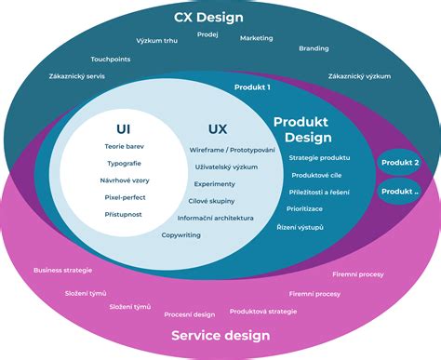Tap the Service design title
(x=220, y=336)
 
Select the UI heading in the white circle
(x=124, y=128)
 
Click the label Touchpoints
(x=110, y=59)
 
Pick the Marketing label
(x=257, y=38)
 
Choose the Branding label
(x=314, y=48)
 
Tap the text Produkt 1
(x=252, y=87)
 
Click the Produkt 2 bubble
(x=400, y=162)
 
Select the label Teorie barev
(x=124, y=146)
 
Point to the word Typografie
(x=124, y=163)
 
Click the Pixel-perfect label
(x=124, y=197)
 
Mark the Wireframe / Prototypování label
(x=232, y=150)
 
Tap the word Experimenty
(x=215, y=184)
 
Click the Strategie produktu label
(x=319, y=157)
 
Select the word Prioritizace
(x=304, y=209)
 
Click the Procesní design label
(x=190, y=314)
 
